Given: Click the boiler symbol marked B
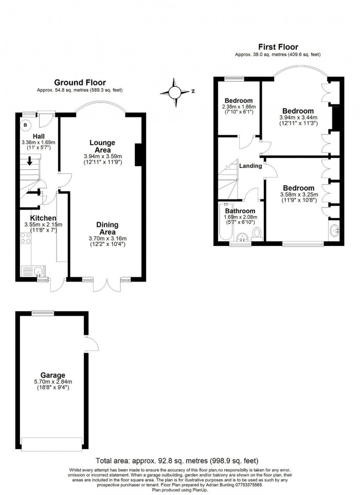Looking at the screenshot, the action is click(25, 126).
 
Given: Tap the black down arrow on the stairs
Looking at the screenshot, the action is click(29, 161).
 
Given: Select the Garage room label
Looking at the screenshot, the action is click(52, 375).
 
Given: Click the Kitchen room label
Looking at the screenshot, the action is click(43, 218).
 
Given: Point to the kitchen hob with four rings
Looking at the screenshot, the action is click(26, 238).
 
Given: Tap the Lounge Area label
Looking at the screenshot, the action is click(103, 146).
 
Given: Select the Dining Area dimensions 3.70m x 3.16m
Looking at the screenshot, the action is click(107, 239).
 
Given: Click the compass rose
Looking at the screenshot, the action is click(174, 93).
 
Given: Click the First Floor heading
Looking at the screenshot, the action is click(278, 47).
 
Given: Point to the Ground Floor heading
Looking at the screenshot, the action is click(80, 83).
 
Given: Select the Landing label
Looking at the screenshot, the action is click(250, 166).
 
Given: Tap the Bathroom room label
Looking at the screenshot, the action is click(240, 211).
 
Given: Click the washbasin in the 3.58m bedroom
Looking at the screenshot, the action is click(334, 232).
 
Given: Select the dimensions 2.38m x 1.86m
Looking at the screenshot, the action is click(239, 107).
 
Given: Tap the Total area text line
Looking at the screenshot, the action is click(177, 461).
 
